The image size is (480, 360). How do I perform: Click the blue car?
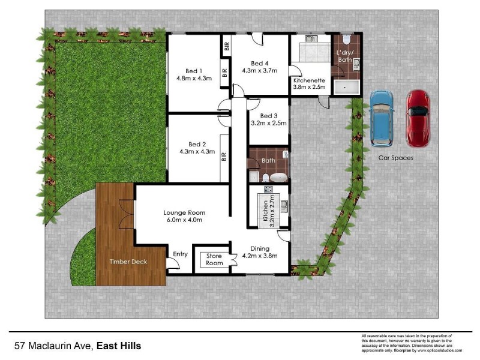tap(382, 118)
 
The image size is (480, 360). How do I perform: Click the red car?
tap(418, 118)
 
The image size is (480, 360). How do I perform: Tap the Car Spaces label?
tap(395, 158)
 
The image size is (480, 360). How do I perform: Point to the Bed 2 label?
tap(197, 144)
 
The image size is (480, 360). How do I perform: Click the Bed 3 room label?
tap(269, 116)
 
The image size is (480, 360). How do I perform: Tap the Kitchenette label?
tap(309, 80)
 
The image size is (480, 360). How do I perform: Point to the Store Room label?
tap(214, 260)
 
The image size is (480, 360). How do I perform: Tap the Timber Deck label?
tap(128, 262)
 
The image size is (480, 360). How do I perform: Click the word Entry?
tap(180, 254)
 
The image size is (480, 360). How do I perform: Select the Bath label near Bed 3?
tap(268, 161)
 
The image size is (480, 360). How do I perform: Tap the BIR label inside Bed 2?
tap(224, 157)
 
